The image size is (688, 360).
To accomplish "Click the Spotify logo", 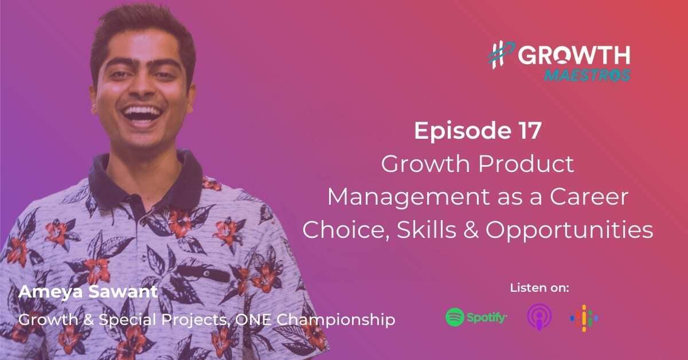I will pos(476,317).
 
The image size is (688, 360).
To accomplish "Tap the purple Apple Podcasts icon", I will pos(538,317).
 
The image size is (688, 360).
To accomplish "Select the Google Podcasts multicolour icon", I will pos(584,317).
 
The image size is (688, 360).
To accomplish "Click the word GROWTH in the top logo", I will pos(574,56).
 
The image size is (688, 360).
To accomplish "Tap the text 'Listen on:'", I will pos(539,288).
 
